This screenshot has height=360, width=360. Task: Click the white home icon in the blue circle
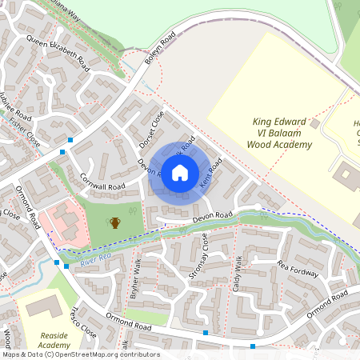coord(180,172)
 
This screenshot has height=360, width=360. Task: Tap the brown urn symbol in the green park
coord(115,222)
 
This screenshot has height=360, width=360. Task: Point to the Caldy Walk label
coord(237,273)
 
